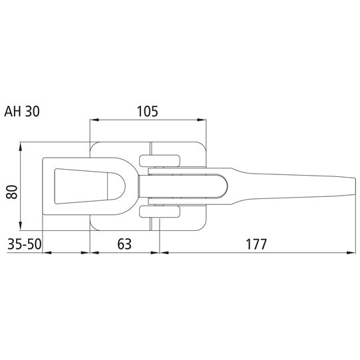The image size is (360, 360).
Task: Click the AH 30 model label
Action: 22,112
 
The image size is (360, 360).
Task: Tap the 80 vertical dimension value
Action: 11,193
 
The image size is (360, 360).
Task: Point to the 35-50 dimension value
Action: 24,244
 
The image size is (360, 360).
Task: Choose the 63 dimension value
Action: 124,244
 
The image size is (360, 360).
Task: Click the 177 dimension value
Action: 256,244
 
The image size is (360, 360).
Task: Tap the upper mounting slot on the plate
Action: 160,159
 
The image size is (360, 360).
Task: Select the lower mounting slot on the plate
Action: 160,212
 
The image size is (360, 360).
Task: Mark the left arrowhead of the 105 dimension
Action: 94,120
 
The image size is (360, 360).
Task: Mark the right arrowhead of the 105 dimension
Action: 201,120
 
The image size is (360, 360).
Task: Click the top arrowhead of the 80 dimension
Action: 22,146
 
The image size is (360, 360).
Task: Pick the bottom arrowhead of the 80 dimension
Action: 22,226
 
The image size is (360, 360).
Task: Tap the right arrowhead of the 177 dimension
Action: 349,253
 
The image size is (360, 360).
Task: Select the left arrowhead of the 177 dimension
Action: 164,253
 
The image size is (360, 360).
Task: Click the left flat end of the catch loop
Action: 45,186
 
